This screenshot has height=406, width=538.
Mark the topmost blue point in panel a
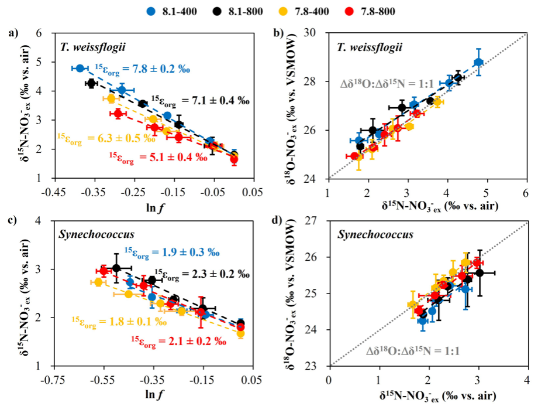pos(80,69)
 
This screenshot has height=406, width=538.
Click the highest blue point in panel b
pos(478,62)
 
